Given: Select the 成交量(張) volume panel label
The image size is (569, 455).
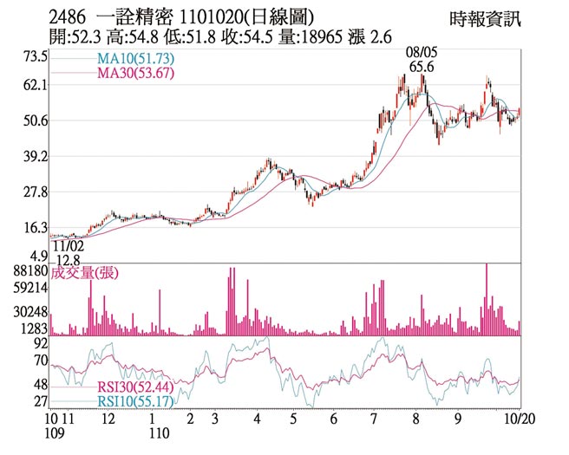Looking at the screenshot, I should (x=84, y=273).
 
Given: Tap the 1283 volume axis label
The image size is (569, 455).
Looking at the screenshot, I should (x=34, y=328).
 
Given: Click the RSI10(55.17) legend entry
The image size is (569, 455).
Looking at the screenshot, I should (x=132, y=402).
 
